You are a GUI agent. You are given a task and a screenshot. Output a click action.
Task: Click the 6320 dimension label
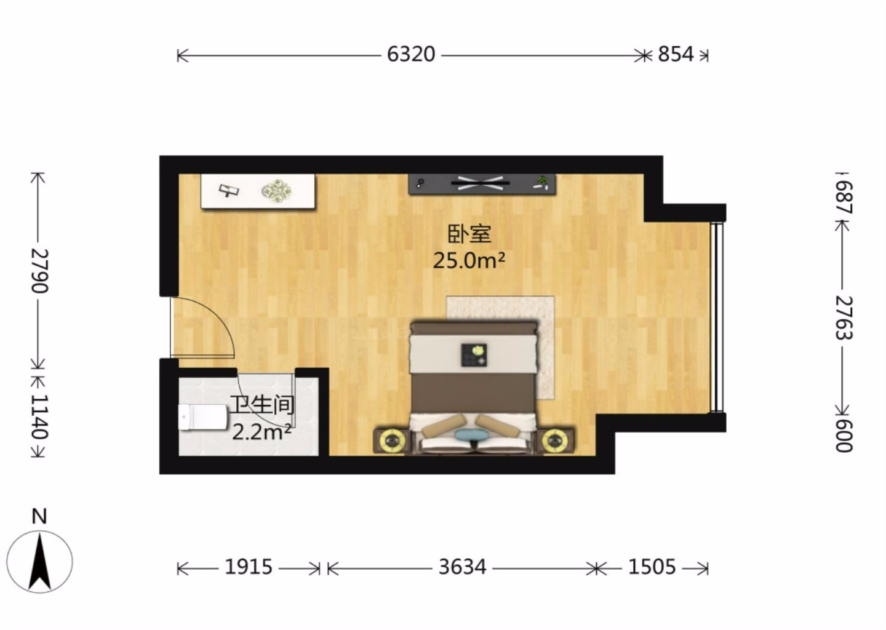(x=411, y=55)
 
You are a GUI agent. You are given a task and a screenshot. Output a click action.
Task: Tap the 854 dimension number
(x=676, y=55)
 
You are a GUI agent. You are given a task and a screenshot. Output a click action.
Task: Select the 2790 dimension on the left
(x=40, y=271)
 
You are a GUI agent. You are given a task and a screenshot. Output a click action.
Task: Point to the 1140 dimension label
(x=40, y=417)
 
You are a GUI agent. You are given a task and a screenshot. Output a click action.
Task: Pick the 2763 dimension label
(x=844, y=318)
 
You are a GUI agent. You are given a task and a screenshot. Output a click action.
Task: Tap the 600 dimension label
(x=844, y=436)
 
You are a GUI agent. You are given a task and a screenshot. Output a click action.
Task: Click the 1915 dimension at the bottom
(x=249, y=567)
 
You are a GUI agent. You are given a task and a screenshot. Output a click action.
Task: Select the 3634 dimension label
(x=463, y=567)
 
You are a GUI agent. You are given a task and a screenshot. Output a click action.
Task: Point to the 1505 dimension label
(x=652, y=567)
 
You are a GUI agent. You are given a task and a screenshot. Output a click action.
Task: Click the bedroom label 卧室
(x=469, y=234)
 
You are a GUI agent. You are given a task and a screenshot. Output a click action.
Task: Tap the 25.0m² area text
(x=469, y=261)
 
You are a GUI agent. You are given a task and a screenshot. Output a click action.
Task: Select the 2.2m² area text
(x=261, y=432)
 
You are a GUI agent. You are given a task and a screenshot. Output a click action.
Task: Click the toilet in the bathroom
(x=203, y=417)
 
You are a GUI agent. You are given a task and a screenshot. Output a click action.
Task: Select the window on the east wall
(x=717, y=317)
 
